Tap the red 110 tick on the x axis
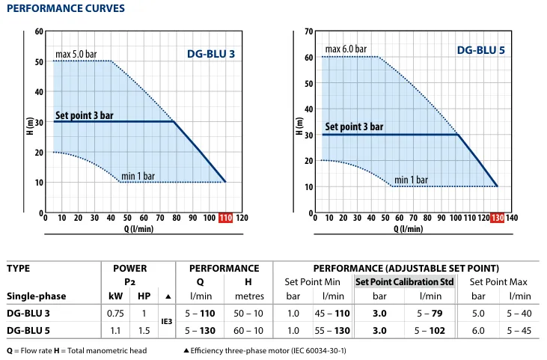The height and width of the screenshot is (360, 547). (226, 218)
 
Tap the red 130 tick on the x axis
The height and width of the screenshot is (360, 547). (497, 218)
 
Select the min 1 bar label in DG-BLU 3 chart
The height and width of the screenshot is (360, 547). (138, 177)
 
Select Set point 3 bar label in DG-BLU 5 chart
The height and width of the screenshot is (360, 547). (354, 126)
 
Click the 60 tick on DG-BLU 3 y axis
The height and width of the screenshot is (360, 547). (39, 32)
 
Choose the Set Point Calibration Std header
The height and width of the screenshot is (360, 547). (405, 282)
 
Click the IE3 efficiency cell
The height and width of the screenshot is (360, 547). (167, 320)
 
